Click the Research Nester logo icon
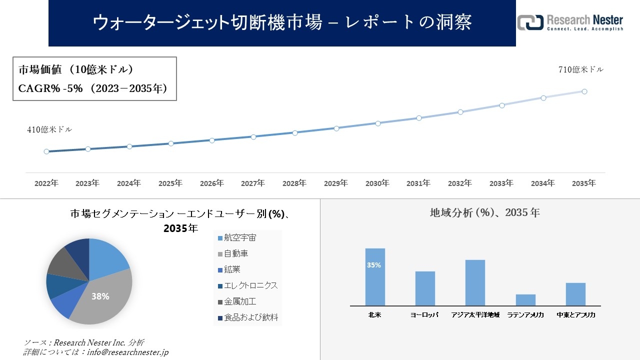pyautogui.click(x=530, y=22)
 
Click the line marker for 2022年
pyautogui.click(x=46, y=151)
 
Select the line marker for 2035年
pyautogui.click(x=584, y=91)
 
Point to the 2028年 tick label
pyautogui.click(x=294, y=183)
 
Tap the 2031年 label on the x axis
pyautogui.click(x=418, y=183)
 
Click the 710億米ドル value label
pyautogui.click(x=580, y=70)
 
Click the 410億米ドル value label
pyautogui.click(x=49, y=129)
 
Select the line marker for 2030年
pyautogui.click(x=377, y=123)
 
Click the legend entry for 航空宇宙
pyautogui.click(x=240, y=238)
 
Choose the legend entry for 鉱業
pyautogui.click(x=232, y=269)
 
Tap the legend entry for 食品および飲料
pyautogui.click(x=247, y=317)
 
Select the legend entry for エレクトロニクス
pyautogui.click(x=247, y=285)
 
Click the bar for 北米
pyautogui.click(x=375, y=277)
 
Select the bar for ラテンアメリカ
pyautogui.click(x=525, y=300)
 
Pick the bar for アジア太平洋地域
pyautogui.click(x=475, y=282)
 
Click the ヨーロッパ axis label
pyautogui.click(x=424, y=315)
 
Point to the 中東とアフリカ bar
pyautogui.click(x=575, y=294)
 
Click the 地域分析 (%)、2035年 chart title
pyautogui.click(x=484, y=212)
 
